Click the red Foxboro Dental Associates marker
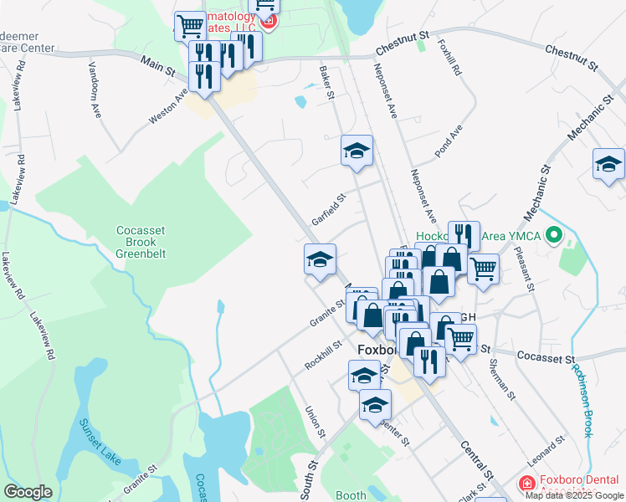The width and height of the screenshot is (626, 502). pos(526,484)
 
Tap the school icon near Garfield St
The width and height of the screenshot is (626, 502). pos(357,151)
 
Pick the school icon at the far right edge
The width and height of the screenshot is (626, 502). pos(608,165)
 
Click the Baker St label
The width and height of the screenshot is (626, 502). pos(326,84)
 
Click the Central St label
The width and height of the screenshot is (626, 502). pos(473,453)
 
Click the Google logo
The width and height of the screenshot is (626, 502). pos(28,492)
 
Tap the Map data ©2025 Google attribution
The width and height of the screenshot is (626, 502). pos(574,495)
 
